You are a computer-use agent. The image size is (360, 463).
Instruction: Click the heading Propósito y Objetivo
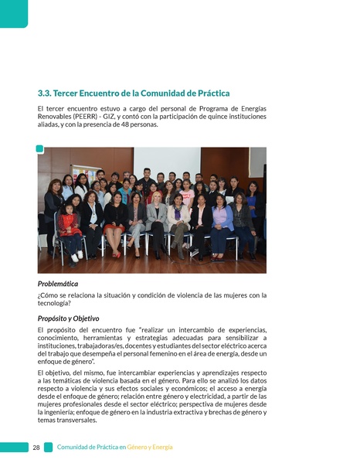pos(68,318)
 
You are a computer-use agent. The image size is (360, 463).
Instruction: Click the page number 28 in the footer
pos(36,447)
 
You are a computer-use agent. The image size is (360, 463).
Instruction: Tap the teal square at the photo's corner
pos(39,149)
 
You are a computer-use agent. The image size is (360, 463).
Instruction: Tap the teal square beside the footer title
pos(49,447)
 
